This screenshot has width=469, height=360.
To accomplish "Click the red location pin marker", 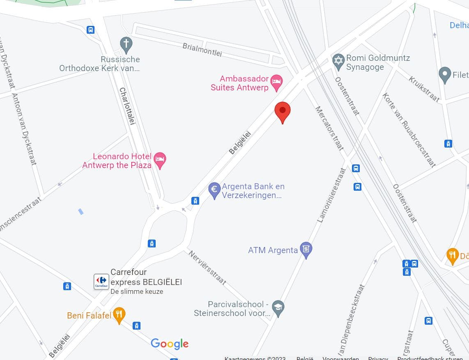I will [x=283, y=111].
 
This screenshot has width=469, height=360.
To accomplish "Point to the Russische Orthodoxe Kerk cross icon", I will [x=126, y=43].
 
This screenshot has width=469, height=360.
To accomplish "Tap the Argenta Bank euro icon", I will [x=214, y=190].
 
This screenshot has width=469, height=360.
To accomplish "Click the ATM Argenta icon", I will [x=306, y=249].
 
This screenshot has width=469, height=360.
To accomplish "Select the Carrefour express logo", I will [x=101, y=282].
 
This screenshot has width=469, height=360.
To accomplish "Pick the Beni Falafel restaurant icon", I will [x=119, y=315].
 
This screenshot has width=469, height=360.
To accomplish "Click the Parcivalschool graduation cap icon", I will [x=278, y=308].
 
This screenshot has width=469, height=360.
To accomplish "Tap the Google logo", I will [x=170, y=344].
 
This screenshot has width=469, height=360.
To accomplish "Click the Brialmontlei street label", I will [x=202, y=50].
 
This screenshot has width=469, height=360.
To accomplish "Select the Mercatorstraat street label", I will [x=329, y=128].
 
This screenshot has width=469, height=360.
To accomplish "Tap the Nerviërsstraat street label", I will [x=207, y=268].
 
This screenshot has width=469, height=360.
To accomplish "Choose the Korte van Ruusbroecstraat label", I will [x=409, y=130].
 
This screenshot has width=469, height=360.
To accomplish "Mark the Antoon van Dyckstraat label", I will [x=25, y=129].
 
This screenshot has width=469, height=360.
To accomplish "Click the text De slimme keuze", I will [x=137, y=292].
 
